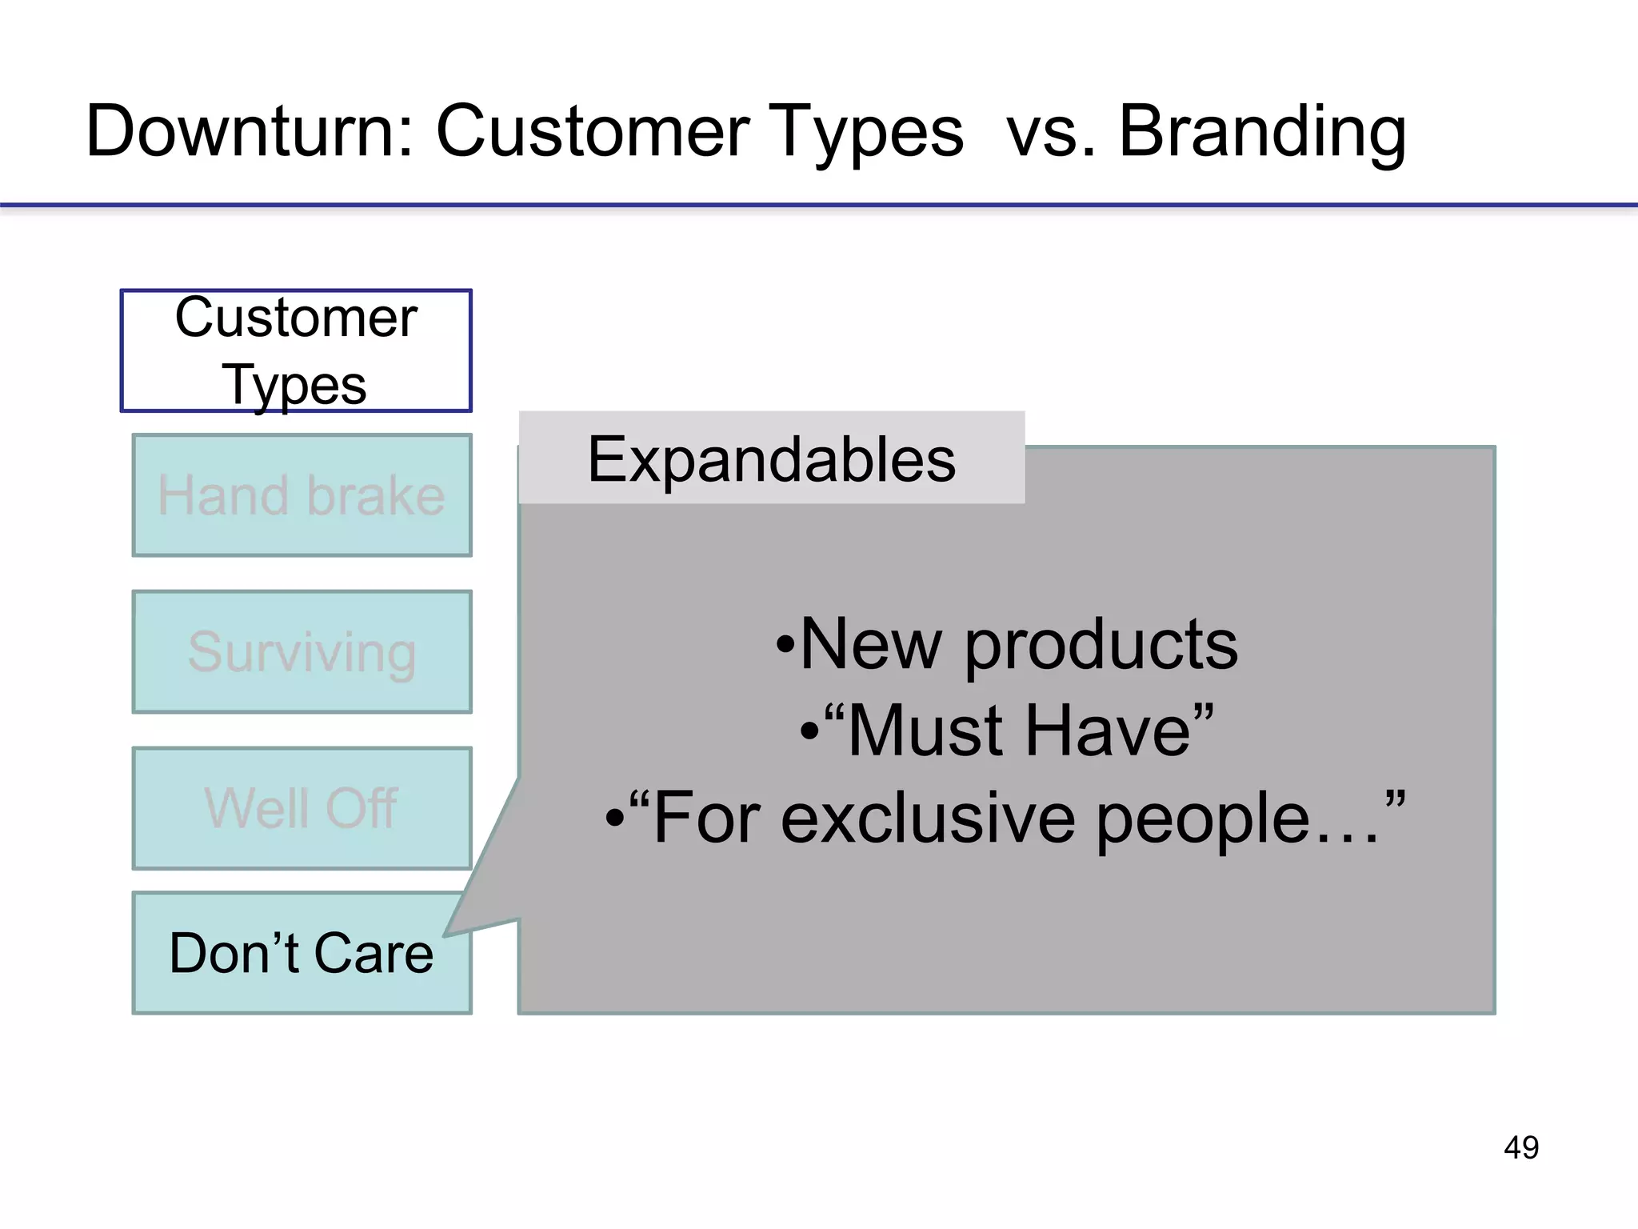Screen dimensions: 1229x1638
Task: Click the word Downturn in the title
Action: pos(248,132)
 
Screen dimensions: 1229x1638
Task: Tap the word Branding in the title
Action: pos(1261,132)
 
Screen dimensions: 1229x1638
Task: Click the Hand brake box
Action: pos(302,495)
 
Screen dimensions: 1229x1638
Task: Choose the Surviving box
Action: pos(302,652)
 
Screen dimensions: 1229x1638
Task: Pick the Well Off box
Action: pos(302,808)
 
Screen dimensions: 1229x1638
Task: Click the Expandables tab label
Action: pos(771,459)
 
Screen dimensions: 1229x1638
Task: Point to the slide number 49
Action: pos(1520,1147)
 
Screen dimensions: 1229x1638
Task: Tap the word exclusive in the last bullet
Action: pos(928,818)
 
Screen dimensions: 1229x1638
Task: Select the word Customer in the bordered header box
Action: pos(296,318)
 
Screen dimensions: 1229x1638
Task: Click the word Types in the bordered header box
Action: pos(294,386)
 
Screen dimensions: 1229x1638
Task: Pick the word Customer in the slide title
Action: pos(593,132)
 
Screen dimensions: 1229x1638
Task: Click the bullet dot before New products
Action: pos(785,645)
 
